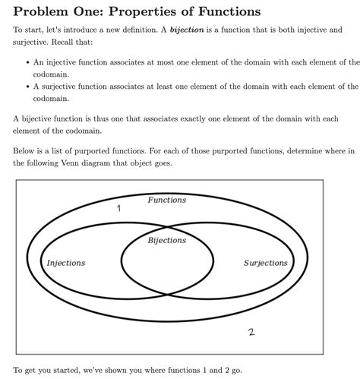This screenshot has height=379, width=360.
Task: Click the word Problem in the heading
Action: [45, 11]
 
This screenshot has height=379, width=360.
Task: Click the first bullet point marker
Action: [27, 64]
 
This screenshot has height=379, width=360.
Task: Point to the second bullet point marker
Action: [27, 87]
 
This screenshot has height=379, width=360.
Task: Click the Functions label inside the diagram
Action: [166, 200]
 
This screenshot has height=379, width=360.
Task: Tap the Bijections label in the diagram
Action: [166, 240]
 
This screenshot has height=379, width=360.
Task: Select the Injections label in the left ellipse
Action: [66, 264]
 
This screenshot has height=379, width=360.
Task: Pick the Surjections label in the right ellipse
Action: [265, 264]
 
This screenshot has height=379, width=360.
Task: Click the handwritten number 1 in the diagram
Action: [118, 208]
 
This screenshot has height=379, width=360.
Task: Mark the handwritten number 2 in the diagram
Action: [251, 332]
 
